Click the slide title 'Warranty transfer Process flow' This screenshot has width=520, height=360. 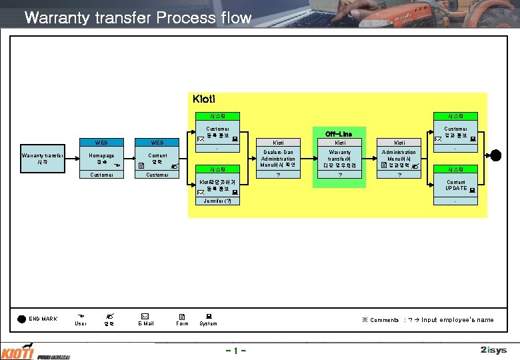click(x=137, y=18)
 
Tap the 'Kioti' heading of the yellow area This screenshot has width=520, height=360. click(x=203, y=99)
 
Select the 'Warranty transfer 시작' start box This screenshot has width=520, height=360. click(x=42, y=159)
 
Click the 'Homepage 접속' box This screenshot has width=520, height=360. click(x=101, y=159)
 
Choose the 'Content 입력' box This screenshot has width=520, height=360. click(x=157, y=159)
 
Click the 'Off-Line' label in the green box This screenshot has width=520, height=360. click(x=339, y=134)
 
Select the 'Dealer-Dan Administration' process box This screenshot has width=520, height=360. click(x=278, y=159)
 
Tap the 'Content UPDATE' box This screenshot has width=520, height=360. click(x=456, y=185)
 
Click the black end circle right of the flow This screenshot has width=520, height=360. click(x=495, y=155)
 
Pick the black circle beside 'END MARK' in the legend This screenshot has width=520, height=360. click(x=21, y=319)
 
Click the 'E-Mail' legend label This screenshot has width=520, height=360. click(x=145, y=323)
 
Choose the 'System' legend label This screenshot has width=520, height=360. click(x=208, y=323)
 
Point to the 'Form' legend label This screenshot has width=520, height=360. click(x=181, y=323)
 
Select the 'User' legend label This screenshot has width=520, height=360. click(x=80, y=323)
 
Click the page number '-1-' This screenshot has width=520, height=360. click(x=237, y=350)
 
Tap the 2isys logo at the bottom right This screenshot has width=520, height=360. click(x=493, y=350)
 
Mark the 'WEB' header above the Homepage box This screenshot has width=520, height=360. click(x=101, y=143)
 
